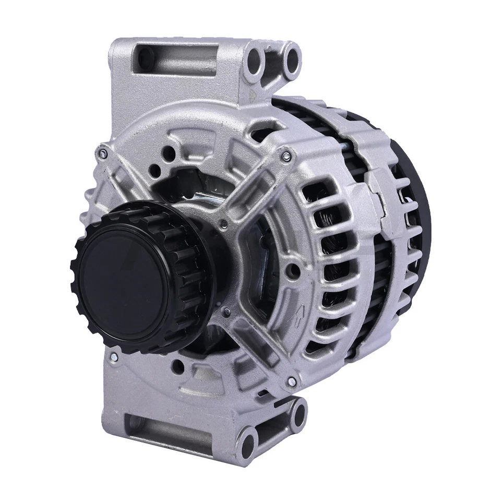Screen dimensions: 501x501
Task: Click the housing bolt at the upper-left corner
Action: [x=103, y=153]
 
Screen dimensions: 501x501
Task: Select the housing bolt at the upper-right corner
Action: [x=286, y=156]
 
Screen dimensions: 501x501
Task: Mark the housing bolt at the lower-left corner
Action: [x=114, y=357]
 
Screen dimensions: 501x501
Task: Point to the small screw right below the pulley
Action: [x=226, y=312]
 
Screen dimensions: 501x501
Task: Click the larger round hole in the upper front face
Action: [x=169, y=152]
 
